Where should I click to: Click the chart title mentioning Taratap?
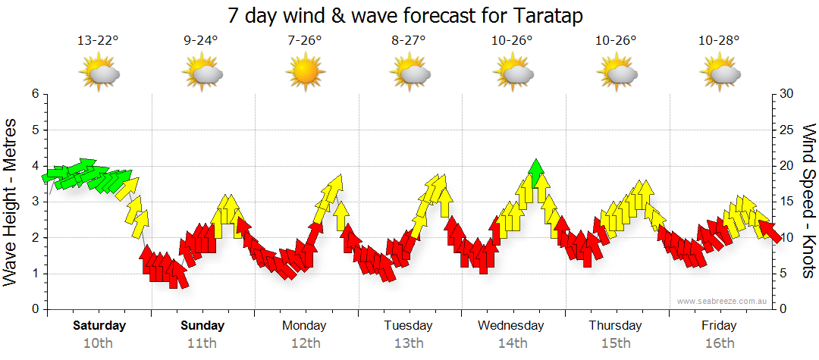pyautogui.click(x=409, y=15)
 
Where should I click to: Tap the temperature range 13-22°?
pyautogui.click(x=99, y=41)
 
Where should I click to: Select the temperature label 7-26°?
pyautogui.click(x=305, y=41)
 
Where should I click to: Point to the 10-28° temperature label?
pyautogui.click(x=719, y=41)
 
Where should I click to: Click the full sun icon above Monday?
pyautogui.click(x=305, y=73)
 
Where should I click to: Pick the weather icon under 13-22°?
pyautogui.click(x=99, y=74)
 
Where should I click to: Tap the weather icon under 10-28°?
pyautogui.click(x=720, y=74)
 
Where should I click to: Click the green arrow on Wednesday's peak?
pyautogui.click(x=536, y=173)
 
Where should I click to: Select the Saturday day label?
pyautogui.click(x=99, y=326)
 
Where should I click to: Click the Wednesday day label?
pyautogui.click(x=511, y=326)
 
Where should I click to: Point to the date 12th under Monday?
pyautogui.click(x=305, y=343)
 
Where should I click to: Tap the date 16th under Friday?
pyautogui.click(x=719, y=343)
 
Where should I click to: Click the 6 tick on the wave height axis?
pyautogui.click(x=34, y=94)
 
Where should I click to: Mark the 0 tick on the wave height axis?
pyautogui.click(x=34, y=309)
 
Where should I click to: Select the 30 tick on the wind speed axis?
pyautogui.click(x=787, y=94)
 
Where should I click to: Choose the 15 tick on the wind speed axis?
pyautogui.click(x=786, y=202)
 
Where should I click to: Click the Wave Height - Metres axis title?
pyautogui.click(x=11, y=202)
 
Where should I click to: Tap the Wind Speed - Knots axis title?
pyautogui.click(x=808, y=202)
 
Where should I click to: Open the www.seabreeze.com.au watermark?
pyautogui.click(x=723, y=302)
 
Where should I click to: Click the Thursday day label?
pyautogui.click(x=615, y=326)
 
